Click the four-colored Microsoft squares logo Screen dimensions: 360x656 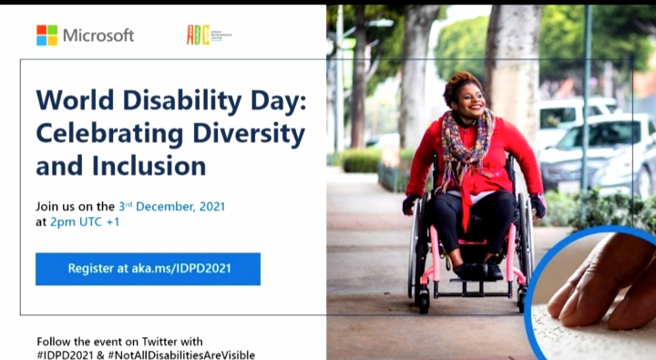pos(46,35)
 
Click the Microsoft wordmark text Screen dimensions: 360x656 pos(98,36)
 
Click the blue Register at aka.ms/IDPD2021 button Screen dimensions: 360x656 pos(148,269)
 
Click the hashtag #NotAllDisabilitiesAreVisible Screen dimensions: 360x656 pos(183,354)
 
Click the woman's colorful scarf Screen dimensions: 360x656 pos(465,146)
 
